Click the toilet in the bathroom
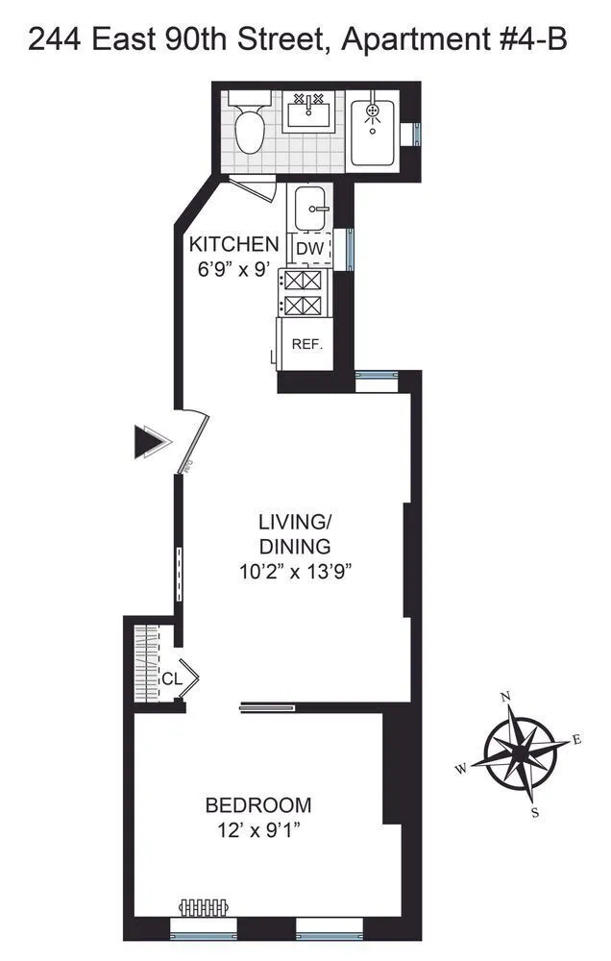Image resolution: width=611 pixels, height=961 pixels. [249, 130]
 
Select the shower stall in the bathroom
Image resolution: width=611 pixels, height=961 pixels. [374, 133]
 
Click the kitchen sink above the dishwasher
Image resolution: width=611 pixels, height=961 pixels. [310, 208]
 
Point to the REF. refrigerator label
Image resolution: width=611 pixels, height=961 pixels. [307, 344]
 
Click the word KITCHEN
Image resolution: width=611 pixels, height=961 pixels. [234, 244]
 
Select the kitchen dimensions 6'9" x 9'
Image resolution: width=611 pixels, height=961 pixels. [233, 270]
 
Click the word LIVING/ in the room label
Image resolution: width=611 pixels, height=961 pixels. [294, 523]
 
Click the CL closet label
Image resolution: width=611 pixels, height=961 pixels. [172, 678]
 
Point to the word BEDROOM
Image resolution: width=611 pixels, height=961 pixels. [258, 805]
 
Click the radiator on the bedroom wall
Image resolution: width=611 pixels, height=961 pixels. [202, 907]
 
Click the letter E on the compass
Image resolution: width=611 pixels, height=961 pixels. [576, 739]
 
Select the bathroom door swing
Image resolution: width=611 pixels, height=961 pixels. [257, 188]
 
